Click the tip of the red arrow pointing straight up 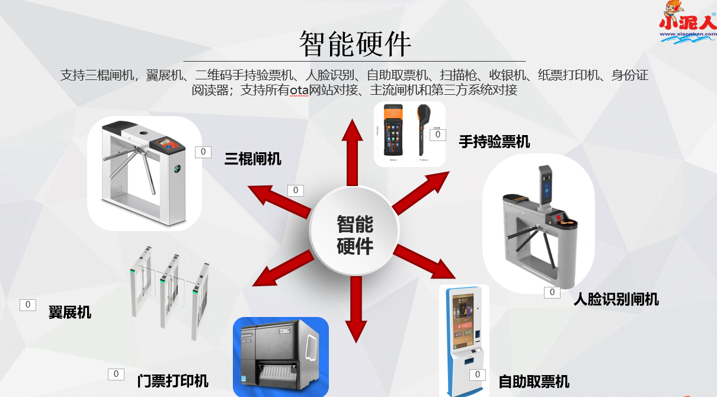(x=353, y=119)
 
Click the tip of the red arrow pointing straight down (x=356, y=343)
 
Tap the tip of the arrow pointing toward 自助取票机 (x=455, y=278)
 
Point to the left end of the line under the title (x=184, y=61)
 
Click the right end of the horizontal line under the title (x=526, y=61)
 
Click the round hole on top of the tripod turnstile (x=143, y=133)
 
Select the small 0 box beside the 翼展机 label (x=28, y=305)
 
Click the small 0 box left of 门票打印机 (x=116, y=374)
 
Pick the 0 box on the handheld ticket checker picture (x=437, y=135)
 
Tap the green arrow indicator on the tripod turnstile (x=177, y=168)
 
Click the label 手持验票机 (x=494, y=142)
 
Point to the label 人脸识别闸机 (x=616, y=300)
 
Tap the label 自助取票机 (x=534, y=382)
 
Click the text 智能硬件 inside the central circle (x=355, y=235)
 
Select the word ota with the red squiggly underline (x=299, y=90)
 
